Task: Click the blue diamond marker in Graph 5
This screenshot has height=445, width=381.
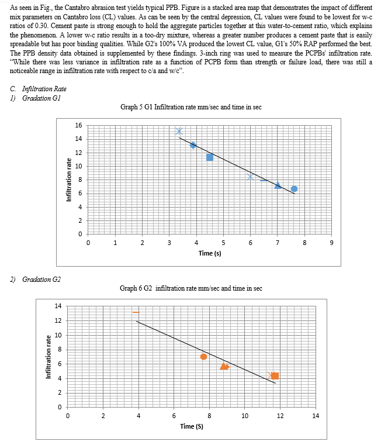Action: pos(193,145)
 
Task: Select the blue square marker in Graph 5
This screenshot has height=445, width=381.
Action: pos(210,157)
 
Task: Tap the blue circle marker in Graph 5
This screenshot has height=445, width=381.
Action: pos(294,189)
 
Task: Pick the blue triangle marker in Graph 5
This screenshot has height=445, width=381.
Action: pos(278,185)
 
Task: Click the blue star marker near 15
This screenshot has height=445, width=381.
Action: pos(179,131)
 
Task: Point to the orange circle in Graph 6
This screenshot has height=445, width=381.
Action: pos(203,357)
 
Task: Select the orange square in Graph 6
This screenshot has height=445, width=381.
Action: pos(275,376)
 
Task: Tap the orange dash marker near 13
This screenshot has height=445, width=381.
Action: pos(136,312)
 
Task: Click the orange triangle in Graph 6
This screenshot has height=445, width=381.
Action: pos(224,366)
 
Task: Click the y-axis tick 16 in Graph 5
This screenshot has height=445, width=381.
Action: pos(78,125)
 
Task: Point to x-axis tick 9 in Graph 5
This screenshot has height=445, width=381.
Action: pos(332,243)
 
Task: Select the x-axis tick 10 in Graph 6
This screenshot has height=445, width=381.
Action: pos(244,416)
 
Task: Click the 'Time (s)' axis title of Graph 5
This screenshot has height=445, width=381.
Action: pos(210,253)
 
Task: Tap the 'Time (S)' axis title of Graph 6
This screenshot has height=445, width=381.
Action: pos(192,426)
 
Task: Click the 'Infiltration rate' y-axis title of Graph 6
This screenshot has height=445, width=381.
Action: pos(49,357)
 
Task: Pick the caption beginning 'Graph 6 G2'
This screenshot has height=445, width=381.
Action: pos(191,288)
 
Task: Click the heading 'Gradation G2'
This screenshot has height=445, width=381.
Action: pos(41,280)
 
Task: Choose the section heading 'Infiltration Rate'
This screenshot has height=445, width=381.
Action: pos(44,89)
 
